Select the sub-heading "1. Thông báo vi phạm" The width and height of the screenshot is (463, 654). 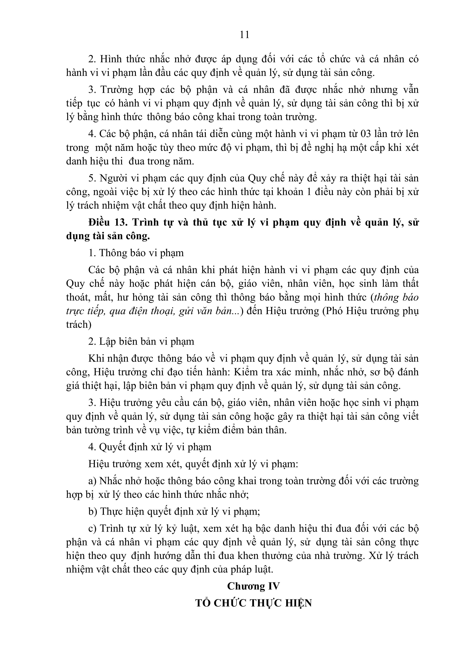[136, 253]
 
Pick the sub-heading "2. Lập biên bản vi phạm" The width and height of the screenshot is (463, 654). [141, 341]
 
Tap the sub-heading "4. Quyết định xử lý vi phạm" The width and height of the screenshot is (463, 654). [150, 447]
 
